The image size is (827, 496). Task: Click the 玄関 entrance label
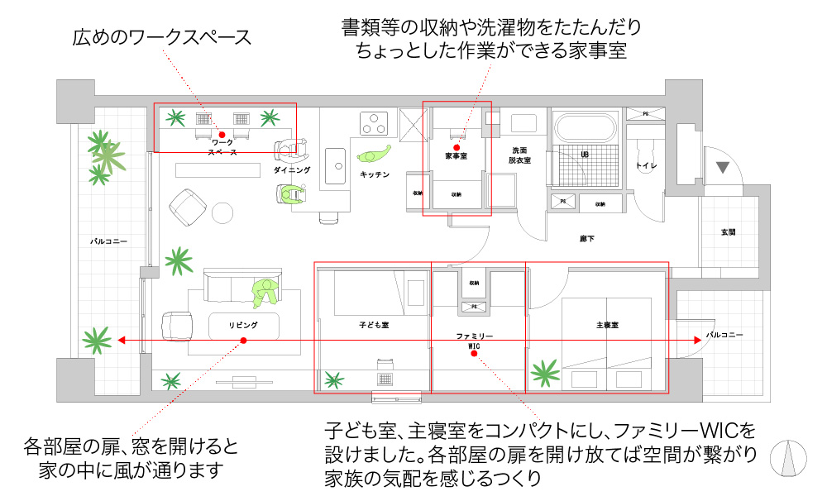(x=728, y=232)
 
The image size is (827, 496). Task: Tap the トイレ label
(x=646, y=166)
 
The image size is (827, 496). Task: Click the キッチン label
(x=375, y=174)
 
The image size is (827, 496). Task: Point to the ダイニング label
(x=292, y=169)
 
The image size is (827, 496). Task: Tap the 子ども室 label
(x=374, y=325)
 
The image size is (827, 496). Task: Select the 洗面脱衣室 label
(x=519, y=155)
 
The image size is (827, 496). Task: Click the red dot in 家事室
(x=457, y=147)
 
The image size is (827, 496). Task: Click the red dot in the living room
(x=242, y=341)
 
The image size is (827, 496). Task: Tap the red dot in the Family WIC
(x=474, y=354)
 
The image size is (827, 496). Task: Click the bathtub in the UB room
(x=586, y=128)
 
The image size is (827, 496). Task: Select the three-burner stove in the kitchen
(x=375, y=122)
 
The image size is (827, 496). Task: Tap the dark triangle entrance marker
(x=723, y=168)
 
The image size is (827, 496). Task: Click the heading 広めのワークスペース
(x=161, y=37)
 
